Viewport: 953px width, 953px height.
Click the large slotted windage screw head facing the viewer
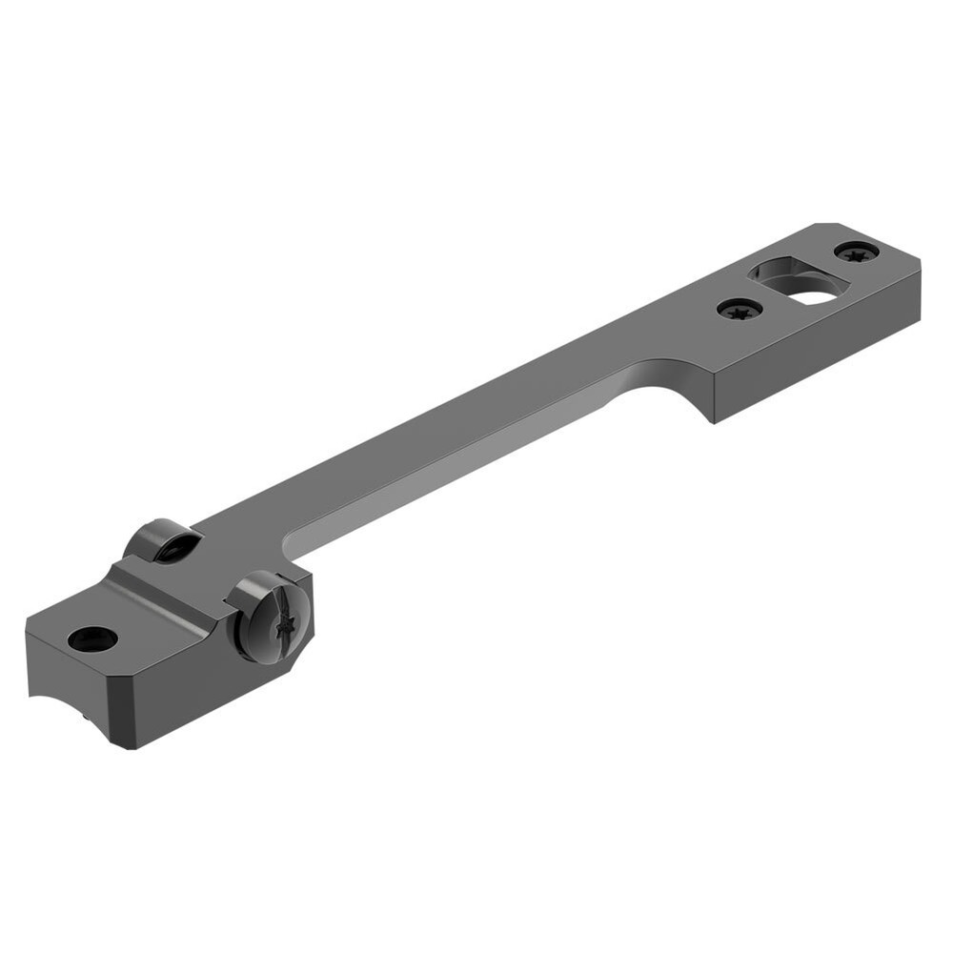pos(270,617)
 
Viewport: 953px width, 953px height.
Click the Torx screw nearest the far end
pos(857,253)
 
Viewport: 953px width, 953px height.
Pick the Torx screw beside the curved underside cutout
pos(740,309)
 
